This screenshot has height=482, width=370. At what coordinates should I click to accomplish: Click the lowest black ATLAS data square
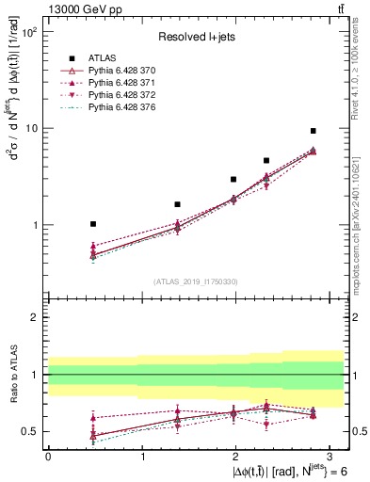pyautogui.click(x=92, y=224)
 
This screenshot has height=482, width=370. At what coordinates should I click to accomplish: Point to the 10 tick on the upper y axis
pyautogui.click(x=30, y=129)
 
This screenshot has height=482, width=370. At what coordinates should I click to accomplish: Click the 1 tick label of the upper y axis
pyautogui.click(x=34, y=226)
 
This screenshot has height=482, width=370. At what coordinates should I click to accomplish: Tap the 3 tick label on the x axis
pyautogui.click(x=330, y=456)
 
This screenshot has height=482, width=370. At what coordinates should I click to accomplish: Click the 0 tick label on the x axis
pyautogui.click(x=48, y=456)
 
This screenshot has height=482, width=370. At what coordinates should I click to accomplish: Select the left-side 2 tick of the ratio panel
pyautogui.click(x=35, y=317)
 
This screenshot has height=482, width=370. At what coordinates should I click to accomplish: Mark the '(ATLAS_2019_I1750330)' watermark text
pyautogui.click(x=195, y=281)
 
